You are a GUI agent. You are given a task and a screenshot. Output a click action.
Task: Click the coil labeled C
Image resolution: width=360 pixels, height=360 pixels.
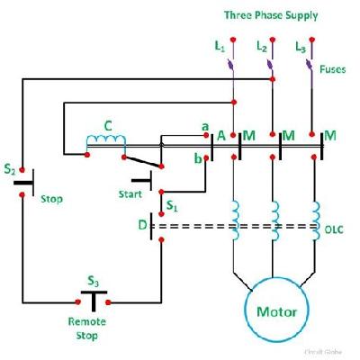[106, 142]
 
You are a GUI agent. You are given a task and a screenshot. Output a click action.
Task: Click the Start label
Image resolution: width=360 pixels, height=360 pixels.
[131, 193]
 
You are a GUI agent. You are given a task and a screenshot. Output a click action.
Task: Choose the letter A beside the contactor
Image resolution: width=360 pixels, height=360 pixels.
[220, 135]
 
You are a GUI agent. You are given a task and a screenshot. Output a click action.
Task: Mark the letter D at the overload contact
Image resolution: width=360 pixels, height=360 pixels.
[142, 224]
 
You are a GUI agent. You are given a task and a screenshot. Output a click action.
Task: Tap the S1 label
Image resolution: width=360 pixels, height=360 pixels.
[172, 206]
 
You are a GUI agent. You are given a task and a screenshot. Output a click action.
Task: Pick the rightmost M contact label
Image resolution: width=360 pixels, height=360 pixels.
[330, 135]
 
